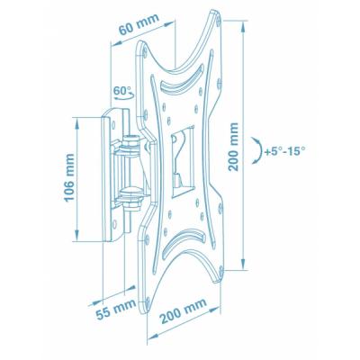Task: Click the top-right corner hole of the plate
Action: [x=215, y=16]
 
